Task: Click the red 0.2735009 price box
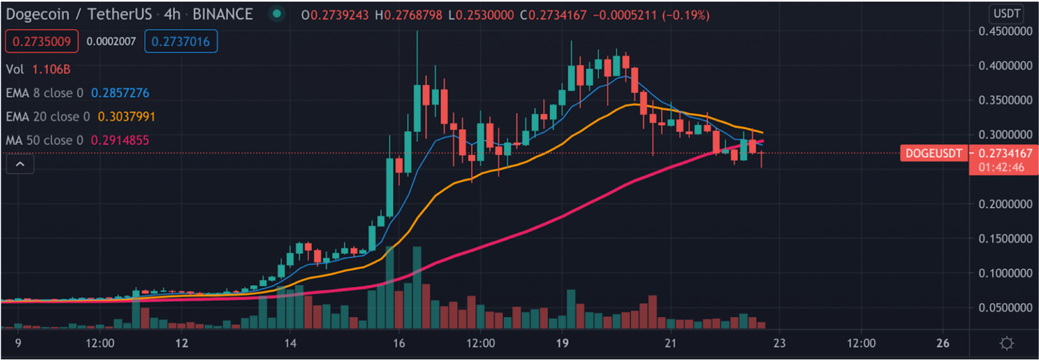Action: [43, 41]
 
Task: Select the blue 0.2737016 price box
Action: [181, 41]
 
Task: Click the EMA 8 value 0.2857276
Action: [120, 93]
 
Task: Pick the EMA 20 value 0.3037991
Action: [126, 117]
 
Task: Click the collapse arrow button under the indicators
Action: [20, 164]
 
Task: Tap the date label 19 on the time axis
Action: [561, 342]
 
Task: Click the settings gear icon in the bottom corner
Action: [1007, 343]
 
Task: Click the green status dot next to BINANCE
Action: [275, 14]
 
